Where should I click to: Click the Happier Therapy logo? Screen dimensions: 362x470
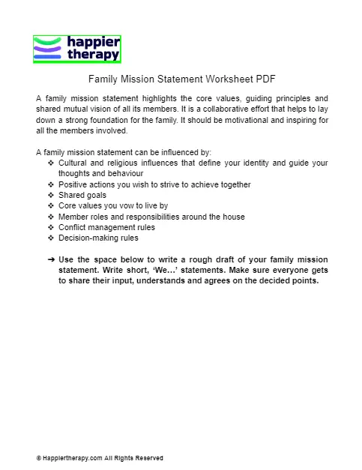pyautogui.click(x=77, y=49)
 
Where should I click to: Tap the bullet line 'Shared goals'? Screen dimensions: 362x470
pyautogui.click(x=82, y=195)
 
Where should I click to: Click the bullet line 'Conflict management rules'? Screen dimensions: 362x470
pyautogui.click(x=106, y=227)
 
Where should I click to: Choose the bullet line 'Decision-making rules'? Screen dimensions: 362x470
pyautogui.click(x=98, y=238)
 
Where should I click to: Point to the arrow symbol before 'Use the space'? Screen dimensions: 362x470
pyautogui.click(x=50, y=260)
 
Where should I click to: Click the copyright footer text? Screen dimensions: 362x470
pyautogui.click(x=100, y=457)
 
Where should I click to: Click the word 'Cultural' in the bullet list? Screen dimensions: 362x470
pyautogui.click(x=73, y=163)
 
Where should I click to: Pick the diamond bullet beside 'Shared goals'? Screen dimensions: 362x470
pyautogui.click(x=50, y=195)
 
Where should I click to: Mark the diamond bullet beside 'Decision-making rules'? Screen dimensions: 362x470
pyautogui.click(x=50, y=238)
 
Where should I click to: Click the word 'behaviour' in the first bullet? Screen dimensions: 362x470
pyautogui.click(x=136, y=173)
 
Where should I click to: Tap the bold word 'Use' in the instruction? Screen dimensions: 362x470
pyautogui.click(x=66, y=260)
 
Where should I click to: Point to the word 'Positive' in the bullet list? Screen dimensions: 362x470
pyautogui.click(x=73, y=184)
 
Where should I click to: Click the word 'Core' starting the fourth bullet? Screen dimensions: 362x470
pyautogui.click(x=67, y=206)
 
